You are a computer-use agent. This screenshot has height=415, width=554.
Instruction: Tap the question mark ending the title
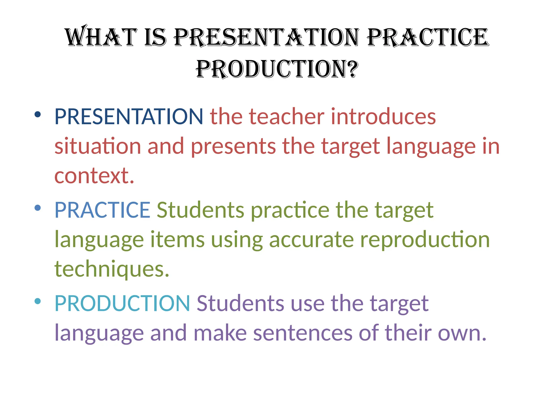[352, 69]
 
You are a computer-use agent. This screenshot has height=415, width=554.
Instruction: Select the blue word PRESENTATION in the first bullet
[129, 116]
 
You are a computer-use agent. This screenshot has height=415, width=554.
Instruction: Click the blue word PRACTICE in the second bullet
[102, 210]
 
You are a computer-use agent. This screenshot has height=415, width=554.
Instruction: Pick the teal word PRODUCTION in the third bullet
[122, 303]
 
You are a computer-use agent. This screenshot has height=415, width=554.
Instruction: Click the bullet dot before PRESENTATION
[38, 115]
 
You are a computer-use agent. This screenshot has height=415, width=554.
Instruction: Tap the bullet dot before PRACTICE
[38, 208]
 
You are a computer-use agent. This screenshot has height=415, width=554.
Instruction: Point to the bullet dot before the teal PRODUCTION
[38, 301]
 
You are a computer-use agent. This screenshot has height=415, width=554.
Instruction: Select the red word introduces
[383, 116]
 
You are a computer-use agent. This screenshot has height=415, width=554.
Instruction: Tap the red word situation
[98, 146]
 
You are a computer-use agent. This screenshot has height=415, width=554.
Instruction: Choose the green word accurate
[311, 240]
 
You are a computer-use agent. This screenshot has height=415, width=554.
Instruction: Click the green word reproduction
[425, 240]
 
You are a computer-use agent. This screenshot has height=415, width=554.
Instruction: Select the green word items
[177, 240]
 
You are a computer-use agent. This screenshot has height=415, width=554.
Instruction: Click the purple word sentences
[303, 333]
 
